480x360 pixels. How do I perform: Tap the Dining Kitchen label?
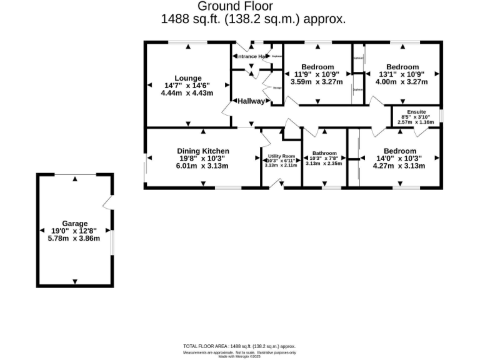(x=203, y=151)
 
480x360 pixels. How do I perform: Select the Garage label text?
(x=74, y=223)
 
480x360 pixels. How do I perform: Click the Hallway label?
(x=250, y=101)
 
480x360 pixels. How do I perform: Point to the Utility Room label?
(x=281, y=156)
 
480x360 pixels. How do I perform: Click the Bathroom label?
(x=324, y=153)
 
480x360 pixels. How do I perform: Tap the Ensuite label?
(x=416, y=112)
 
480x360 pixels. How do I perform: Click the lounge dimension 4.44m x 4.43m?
(x=187, y=93)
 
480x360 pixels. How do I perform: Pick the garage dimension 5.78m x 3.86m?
(x=74, y=238)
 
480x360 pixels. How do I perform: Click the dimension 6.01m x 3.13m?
(x=203, y=166)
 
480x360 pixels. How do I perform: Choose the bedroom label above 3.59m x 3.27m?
(x=317, y=67)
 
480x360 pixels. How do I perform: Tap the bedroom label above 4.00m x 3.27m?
(x=402, y=67)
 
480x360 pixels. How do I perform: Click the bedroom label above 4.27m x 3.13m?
(x=399, y=151)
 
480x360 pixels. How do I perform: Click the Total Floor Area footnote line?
(x=239, y=346)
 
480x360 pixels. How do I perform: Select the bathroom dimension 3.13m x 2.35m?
(x=324, y=163)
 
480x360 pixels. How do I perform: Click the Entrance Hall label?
(x=252, y=56)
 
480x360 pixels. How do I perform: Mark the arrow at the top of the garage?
(x=75, y=179)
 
